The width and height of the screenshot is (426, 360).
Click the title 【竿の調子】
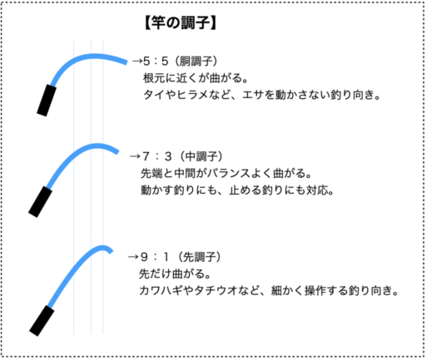click(181, 22)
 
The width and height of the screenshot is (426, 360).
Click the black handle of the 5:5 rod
click(47, 101)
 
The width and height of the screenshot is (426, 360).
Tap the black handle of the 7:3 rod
click(40, 202)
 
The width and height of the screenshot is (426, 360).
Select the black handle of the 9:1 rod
click(42, 321)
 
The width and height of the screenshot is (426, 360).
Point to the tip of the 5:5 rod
click(126, 62)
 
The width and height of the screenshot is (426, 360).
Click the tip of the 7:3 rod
click(117, 151)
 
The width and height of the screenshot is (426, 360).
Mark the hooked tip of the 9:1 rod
click(111, 251)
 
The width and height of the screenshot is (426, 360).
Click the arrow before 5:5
click(137, 61)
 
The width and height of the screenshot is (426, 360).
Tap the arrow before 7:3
click(135, 156)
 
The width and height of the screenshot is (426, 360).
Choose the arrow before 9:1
click(133, 257)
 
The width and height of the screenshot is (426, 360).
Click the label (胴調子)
click(196, 61)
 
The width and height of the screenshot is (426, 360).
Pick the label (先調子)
click(199, 257)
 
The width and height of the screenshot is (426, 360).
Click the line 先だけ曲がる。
click(175, 274)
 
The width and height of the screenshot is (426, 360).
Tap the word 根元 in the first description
click(154, 78)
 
